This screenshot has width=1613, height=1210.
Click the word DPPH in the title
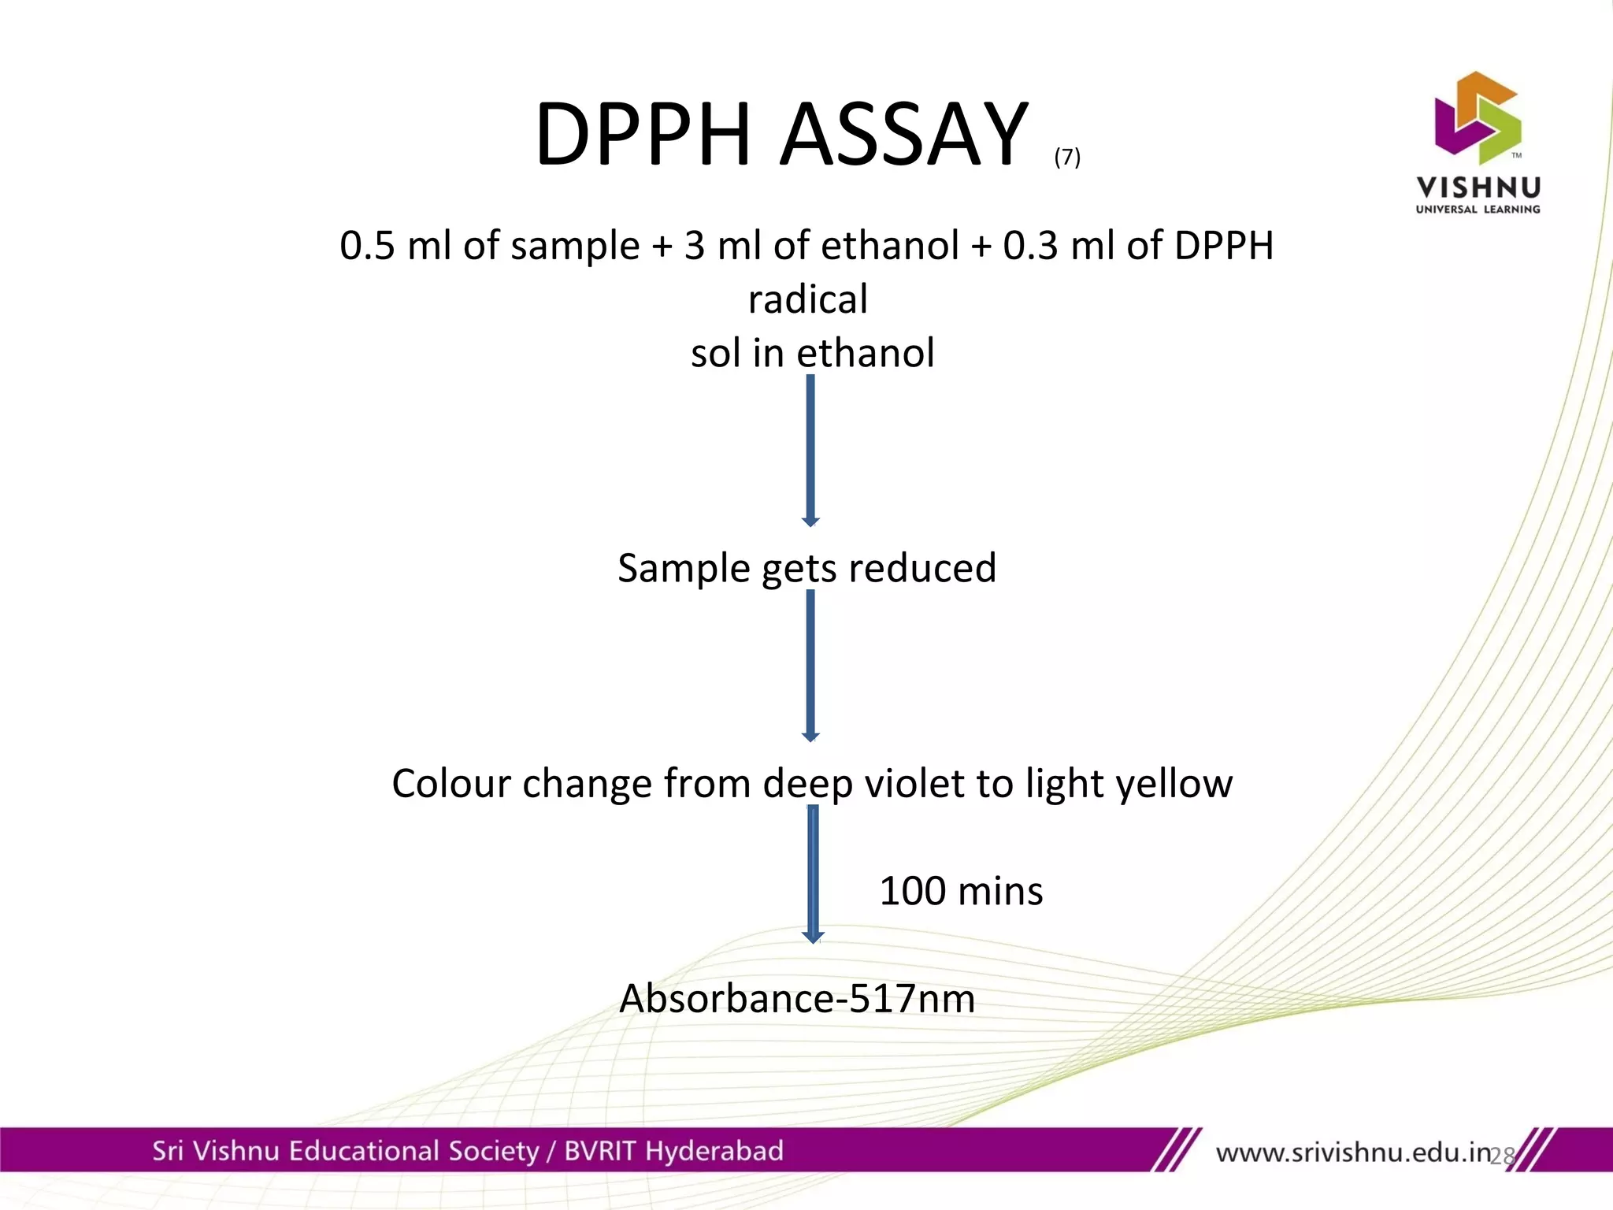click(642, 135)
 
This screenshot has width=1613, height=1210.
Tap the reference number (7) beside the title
click(1067, 157)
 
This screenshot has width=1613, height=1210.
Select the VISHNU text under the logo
click(1478, 187)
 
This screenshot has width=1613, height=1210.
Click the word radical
click(808, 300)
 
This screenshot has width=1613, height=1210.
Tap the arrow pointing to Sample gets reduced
click(810, 450)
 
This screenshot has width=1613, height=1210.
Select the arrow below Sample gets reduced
click(810, 665)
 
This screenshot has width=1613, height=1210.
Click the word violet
click(916, 783)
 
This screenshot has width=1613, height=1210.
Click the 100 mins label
click(960, 891)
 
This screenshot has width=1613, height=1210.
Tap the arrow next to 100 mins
click(813, 874)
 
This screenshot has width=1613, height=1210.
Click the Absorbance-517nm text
click(797, 999)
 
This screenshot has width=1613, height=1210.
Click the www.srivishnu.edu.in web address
click(1353, 1153)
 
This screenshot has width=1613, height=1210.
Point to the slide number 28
click(1503, 1156)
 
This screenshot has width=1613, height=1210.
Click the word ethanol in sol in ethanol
click(866, 353)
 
